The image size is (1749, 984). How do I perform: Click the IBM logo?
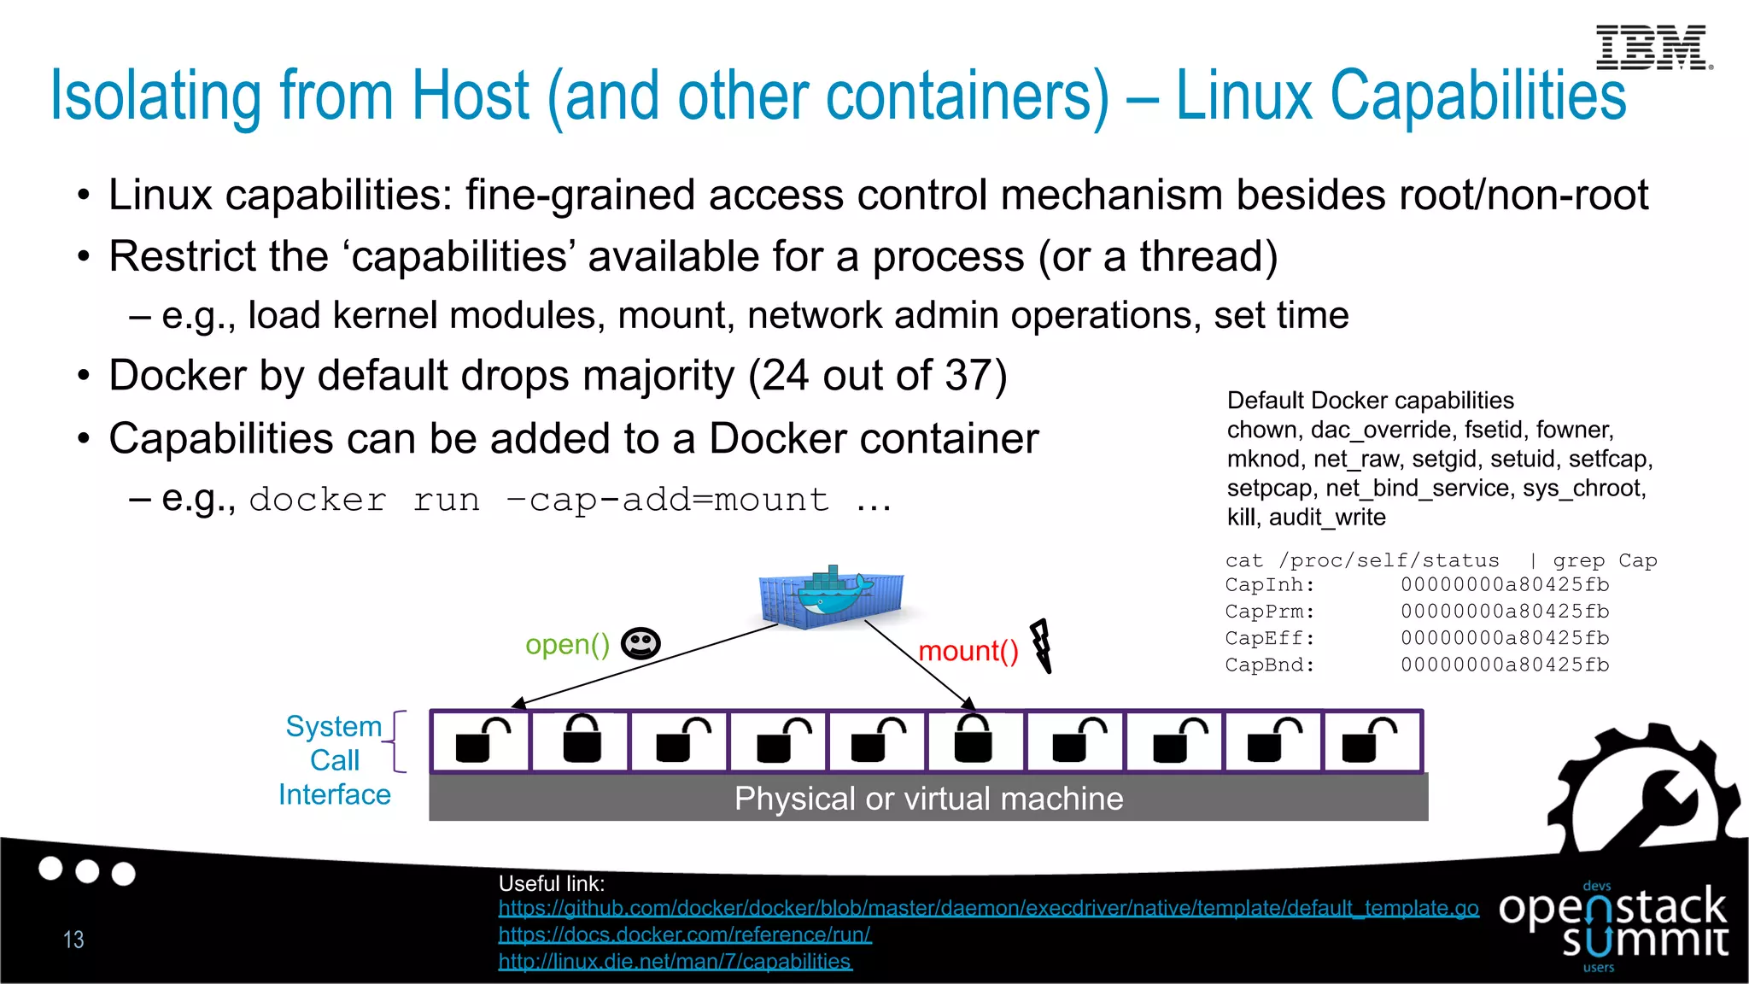click(x=1652, y=47)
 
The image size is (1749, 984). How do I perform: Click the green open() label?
click(x=567, y=644)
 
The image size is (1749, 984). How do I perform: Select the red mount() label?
click(x=968, y=652)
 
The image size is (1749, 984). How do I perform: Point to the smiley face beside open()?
click(x=641, y=643)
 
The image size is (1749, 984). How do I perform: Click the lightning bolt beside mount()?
click(x=1041, y=646)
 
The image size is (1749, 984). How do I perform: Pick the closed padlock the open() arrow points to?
click(x=582, y=740)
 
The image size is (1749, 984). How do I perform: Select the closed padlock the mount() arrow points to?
click(x=973, y=740)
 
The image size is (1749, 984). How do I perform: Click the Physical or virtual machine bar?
click(x=928, y=798)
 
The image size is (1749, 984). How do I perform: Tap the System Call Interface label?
click(x=335, y=759)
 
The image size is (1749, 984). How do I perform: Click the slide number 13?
click(x=73, y=940)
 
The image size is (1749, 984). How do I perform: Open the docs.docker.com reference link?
click(x=684, y=934)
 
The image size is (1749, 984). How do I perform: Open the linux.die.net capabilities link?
click(x=675, y=961)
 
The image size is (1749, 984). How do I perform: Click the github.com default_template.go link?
click(x=988, y=908)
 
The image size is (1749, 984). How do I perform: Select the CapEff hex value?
click(x=1504, y=638)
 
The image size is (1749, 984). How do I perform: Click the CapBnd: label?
click(x=1269, y=665)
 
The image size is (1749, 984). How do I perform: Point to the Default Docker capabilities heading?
click(x=1370, y=401)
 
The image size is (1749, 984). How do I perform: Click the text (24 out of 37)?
click(x=877, y=376)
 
